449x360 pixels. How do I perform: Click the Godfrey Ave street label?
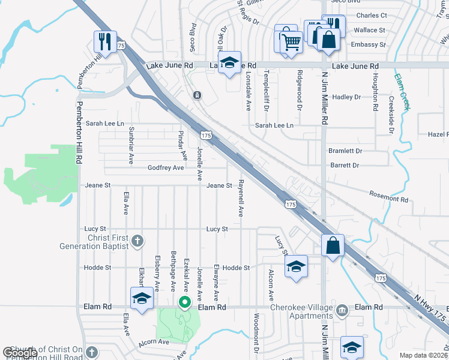tap(166, 168)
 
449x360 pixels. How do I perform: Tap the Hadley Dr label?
tap(346, 97)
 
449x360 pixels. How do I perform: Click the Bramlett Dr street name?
tap(345, 151)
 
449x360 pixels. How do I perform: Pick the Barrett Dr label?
tap(345, 165)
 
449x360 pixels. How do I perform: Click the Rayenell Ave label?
tap(241, 197)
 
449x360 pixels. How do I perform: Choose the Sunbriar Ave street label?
tap(131, 145)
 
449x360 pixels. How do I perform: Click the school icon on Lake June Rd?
tap(229, 62)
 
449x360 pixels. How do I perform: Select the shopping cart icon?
tap(291, 41)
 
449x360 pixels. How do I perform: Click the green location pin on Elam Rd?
tap(185, 302)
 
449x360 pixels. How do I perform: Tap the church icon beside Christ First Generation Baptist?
tap(137, 242)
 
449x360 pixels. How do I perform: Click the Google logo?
tap(20, 353)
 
